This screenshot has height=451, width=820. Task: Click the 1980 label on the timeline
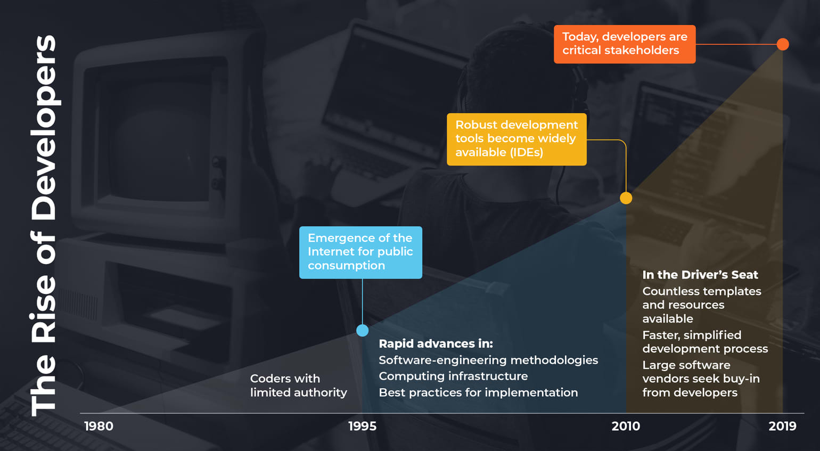pos(99,426)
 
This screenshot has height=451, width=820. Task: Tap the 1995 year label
pos(362,426)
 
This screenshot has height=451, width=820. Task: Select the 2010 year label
pos(626,426)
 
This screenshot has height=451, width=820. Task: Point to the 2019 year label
pos(782,426)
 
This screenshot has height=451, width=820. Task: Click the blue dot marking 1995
pos(362,331)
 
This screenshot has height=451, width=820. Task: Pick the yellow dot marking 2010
pos(626,198)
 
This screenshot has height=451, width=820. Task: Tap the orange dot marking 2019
pos(783,44)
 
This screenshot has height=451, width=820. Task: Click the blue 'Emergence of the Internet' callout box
pos(360,252)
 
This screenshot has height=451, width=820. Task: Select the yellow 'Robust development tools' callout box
pos(516,139)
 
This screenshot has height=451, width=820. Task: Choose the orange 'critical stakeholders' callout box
pos(625,44)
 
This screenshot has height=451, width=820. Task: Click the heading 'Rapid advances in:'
pos(436,343)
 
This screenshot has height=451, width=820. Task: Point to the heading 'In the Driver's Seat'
pos(700,275)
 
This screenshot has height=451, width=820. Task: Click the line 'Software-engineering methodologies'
pos(488,360)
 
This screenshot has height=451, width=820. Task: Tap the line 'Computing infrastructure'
pos(453,376)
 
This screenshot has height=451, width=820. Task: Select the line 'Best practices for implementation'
pos(478,392)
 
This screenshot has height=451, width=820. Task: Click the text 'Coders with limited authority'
pos(298,386)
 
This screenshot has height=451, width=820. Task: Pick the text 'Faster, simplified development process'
pos(705,342)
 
